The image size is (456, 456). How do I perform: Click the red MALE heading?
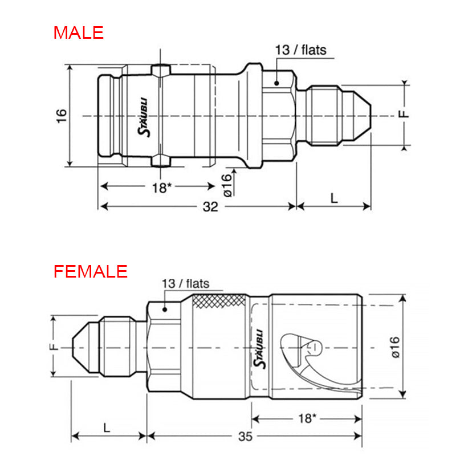(x=79, y=32)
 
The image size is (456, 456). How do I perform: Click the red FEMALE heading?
(x=91, y=271)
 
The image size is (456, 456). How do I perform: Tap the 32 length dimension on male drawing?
(x=210, y=207)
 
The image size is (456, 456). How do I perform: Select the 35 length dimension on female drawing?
(x=245, y=437)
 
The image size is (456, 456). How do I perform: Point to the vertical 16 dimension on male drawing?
(x=62, y=116)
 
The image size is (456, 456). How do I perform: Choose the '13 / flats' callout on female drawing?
(x=185, y=283)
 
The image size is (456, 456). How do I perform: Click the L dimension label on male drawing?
(x=334, y=197)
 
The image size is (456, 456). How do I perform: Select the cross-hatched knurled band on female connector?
(x=219, y=300)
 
